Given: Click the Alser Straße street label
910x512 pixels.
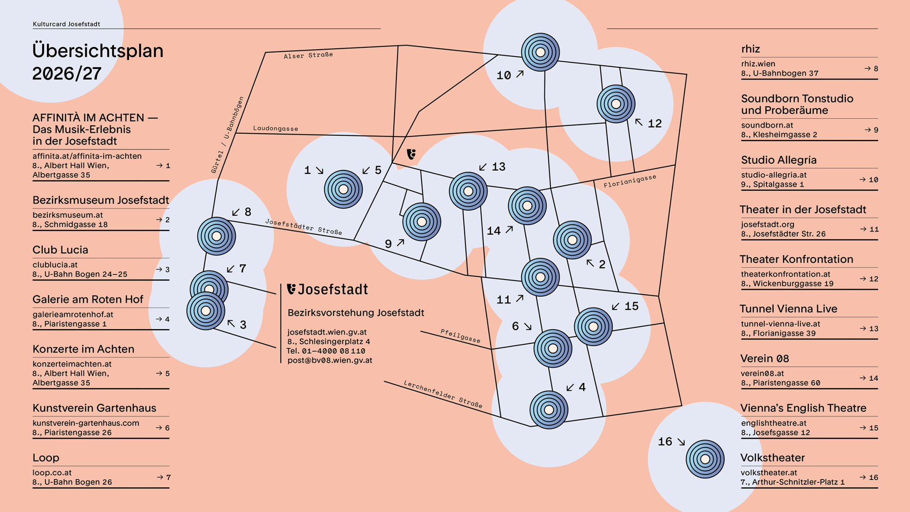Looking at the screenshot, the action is click(308, 55).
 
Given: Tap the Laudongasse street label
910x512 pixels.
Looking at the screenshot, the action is click(276, 128).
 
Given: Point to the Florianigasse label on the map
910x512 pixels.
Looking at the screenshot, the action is click(630, 181).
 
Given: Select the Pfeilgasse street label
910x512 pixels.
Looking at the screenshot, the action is click(461, 336).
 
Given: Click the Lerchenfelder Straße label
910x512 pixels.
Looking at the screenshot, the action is click(443, 395).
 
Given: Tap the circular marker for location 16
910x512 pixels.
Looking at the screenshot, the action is click(705, 459).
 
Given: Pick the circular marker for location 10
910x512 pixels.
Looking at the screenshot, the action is click(540, 52).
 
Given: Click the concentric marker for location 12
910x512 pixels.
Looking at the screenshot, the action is click(616, 104).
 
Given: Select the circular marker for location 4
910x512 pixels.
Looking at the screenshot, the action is click(549, 410).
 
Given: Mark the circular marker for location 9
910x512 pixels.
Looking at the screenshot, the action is click(422, 222).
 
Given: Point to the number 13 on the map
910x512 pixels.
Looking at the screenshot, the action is click(499, 167).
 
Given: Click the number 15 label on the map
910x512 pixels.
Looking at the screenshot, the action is click(631, 306).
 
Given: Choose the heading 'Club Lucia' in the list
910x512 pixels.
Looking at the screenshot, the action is click(60, 250).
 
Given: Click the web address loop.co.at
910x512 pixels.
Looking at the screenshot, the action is click(52, 473).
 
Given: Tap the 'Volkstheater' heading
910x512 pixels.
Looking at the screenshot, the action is click(773, 458).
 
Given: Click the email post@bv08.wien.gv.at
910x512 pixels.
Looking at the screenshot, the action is click(330, 360).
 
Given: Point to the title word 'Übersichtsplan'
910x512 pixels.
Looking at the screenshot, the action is click(98, 51).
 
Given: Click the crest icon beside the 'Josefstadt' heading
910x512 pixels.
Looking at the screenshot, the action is click(291, 289).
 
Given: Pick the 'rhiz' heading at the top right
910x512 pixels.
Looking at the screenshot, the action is click(750, 49).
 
